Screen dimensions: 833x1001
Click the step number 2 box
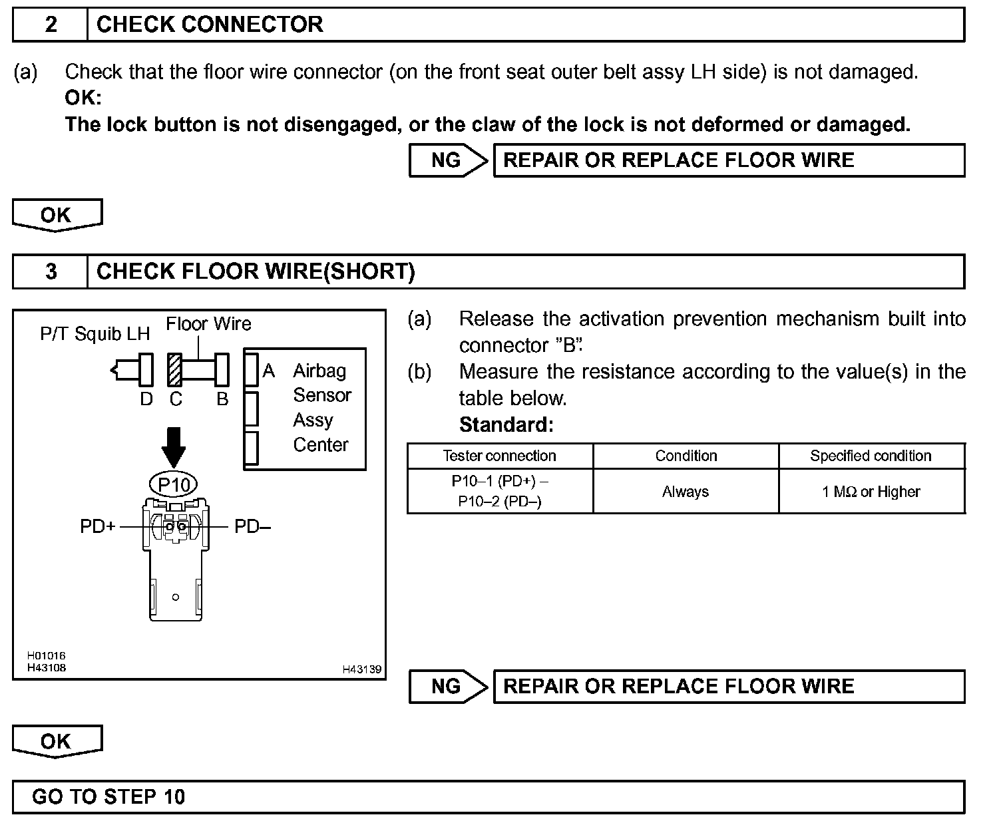coord(51,25)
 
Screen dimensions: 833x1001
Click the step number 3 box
coord(51,271)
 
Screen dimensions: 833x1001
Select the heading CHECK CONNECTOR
coord(210,25)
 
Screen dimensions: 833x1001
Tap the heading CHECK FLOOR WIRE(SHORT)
coord(256,271)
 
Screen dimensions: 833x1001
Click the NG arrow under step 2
coord(449,160)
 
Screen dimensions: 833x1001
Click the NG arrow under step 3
coord(449,687)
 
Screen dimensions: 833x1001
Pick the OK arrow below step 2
coord(57,215)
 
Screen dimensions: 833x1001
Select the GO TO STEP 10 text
coord(108,796)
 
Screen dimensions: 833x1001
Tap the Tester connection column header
coord(500,456)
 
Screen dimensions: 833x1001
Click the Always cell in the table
coord(686,492)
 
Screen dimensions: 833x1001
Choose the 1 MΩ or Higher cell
coord(871,492)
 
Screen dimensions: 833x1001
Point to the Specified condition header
coord(871,456)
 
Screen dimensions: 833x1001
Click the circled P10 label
coord(174,484)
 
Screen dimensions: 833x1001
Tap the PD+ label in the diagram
coord(98,526)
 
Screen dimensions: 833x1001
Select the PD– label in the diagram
coord(252,526)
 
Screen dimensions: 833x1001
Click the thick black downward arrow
coord(174,447)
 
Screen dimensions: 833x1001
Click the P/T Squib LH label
coord(95,333)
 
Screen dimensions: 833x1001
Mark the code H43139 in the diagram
coord(362,669)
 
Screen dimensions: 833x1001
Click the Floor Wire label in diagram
coord(208,324)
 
